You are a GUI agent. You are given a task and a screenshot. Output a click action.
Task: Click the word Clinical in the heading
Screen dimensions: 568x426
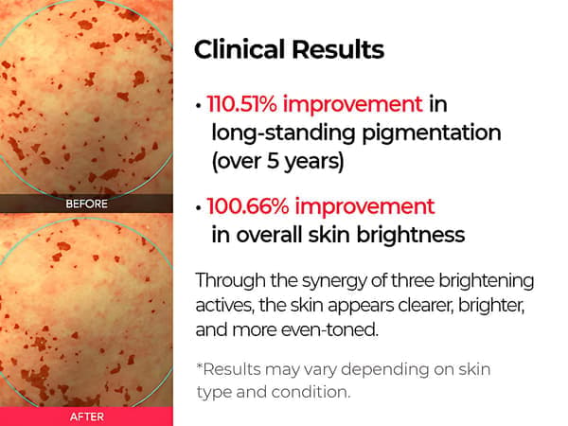240,49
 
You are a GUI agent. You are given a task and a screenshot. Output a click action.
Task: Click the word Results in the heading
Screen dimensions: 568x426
338,49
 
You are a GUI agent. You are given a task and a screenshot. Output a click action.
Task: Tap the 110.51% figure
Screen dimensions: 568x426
241,104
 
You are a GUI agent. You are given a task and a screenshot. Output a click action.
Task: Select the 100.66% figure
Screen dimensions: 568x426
248,206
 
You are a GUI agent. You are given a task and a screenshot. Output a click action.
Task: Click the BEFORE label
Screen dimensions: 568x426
86,204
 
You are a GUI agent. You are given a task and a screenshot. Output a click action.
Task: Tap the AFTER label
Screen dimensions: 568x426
86,417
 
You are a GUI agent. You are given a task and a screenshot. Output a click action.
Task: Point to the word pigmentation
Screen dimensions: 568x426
432,133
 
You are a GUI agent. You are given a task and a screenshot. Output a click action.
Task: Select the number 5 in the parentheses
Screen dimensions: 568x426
273,161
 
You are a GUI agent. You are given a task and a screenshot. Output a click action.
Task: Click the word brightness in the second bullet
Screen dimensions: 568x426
411,235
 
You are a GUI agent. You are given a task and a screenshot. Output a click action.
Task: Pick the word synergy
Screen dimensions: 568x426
334,282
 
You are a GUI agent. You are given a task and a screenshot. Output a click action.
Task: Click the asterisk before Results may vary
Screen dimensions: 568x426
199,365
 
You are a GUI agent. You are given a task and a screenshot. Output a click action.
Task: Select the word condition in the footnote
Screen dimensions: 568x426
311,392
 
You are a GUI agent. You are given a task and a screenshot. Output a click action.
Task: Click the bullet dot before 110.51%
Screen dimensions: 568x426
198,106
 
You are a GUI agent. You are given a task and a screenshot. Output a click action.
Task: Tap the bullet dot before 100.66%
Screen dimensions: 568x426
198,208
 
